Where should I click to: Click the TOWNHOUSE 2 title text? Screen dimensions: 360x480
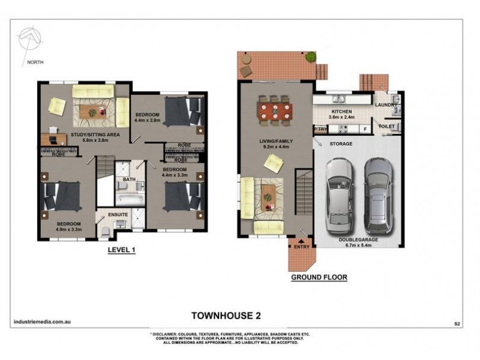(x=225, y=314)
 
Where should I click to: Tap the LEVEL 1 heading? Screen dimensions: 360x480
(x=121, y=250)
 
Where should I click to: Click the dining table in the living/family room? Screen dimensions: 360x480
(x=275, y=111)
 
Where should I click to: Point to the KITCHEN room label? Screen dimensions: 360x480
(x=343, y=112)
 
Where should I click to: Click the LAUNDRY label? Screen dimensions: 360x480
(x=386, y=105)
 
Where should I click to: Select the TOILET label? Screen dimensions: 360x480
(x=387, y=127)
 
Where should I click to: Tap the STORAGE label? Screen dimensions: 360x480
(x=340, y=144)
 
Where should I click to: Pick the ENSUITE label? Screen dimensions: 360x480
(x=118, y=213)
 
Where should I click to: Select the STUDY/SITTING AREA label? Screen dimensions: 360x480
(x=95, y=135)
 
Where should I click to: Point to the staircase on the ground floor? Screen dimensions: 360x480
(x=302, y=194)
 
